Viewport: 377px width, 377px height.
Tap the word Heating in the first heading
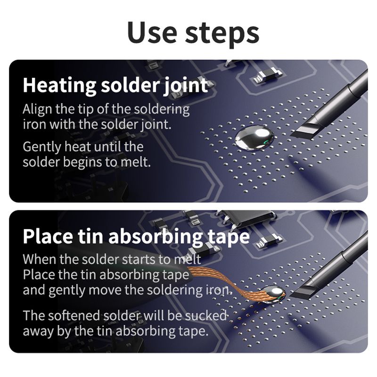(x=59, y=86)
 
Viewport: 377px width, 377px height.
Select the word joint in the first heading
(x=186, y=86)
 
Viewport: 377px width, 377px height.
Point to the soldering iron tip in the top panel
(x=303, y=131)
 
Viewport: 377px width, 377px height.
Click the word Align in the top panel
(x=37, y=109)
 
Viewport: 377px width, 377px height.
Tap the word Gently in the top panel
(x=42, y=147)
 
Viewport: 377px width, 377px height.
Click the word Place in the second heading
(x=48, y=236)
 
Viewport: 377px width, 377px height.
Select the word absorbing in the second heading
(x=156, y=237)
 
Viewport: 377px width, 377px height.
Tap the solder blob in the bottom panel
(x=274, y=293)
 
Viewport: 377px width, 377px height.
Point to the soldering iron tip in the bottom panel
(x=302, y=291)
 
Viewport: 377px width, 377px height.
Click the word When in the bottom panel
(x=40, y=259)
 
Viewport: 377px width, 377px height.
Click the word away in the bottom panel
(x=39, y=332)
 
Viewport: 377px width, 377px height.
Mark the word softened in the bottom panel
(x=74, y=315)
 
